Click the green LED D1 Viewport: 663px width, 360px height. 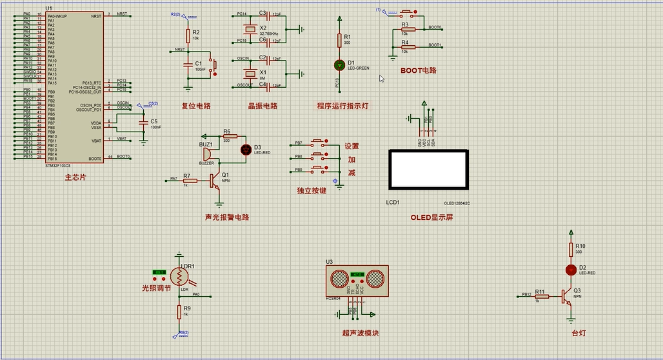coord(339,65)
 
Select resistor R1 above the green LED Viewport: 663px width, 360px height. coord(339,40)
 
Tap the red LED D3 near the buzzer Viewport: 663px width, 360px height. coord(246,150)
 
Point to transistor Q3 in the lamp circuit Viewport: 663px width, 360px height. coord(567,296)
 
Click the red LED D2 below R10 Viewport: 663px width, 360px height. coord(571,269)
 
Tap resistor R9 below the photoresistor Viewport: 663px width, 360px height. coord(180,312)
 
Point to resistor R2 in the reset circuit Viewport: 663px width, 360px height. coord(188,35)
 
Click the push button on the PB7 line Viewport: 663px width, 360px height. coord(318,142)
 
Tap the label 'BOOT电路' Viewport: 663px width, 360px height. coord(418,70)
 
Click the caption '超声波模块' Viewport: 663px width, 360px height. coord(361,333)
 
